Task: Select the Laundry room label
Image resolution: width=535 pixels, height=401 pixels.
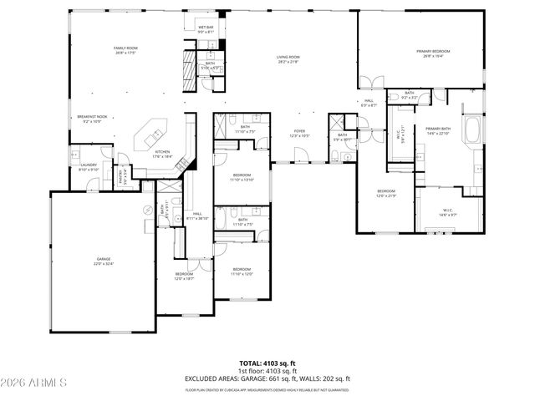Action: click(89, 166)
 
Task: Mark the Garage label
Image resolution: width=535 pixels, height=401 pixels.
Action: click(103, 261)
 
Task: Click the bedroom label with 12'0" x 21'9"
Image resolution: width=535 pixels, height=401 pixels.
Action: click(386, 193)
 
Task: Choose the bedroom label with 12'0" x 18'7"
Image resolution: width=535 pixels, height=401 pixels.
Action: click(185, 276)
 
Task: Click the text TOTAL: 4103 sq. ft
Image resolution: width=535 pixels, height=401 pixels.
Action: click(267, 363)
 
